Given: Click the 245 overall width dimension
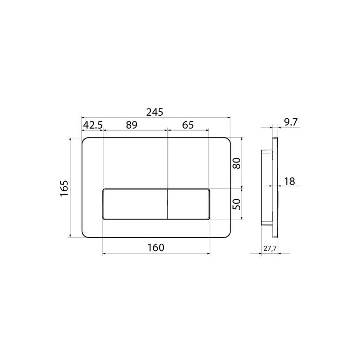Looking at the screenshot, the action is (155, 112).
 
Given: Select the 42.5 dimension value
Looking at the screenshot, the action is (93, 125).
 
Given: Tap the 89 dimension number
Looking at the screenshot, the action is (132, 125).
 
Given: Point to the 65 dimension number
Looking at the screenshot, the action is (188, 125).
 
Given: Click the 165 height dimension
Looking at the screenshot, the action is (64, 188).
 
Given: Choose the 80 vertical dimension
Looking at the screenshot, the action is (237, 163).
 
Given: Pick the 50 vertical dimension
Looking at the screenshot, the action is (237, 204).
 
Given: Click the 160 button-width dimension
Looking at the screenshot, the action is (156, 247).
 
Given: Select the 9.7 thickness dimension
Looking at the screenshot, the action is (291, 122).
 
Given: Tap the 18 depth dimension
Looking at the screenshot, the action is (290, 182).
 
